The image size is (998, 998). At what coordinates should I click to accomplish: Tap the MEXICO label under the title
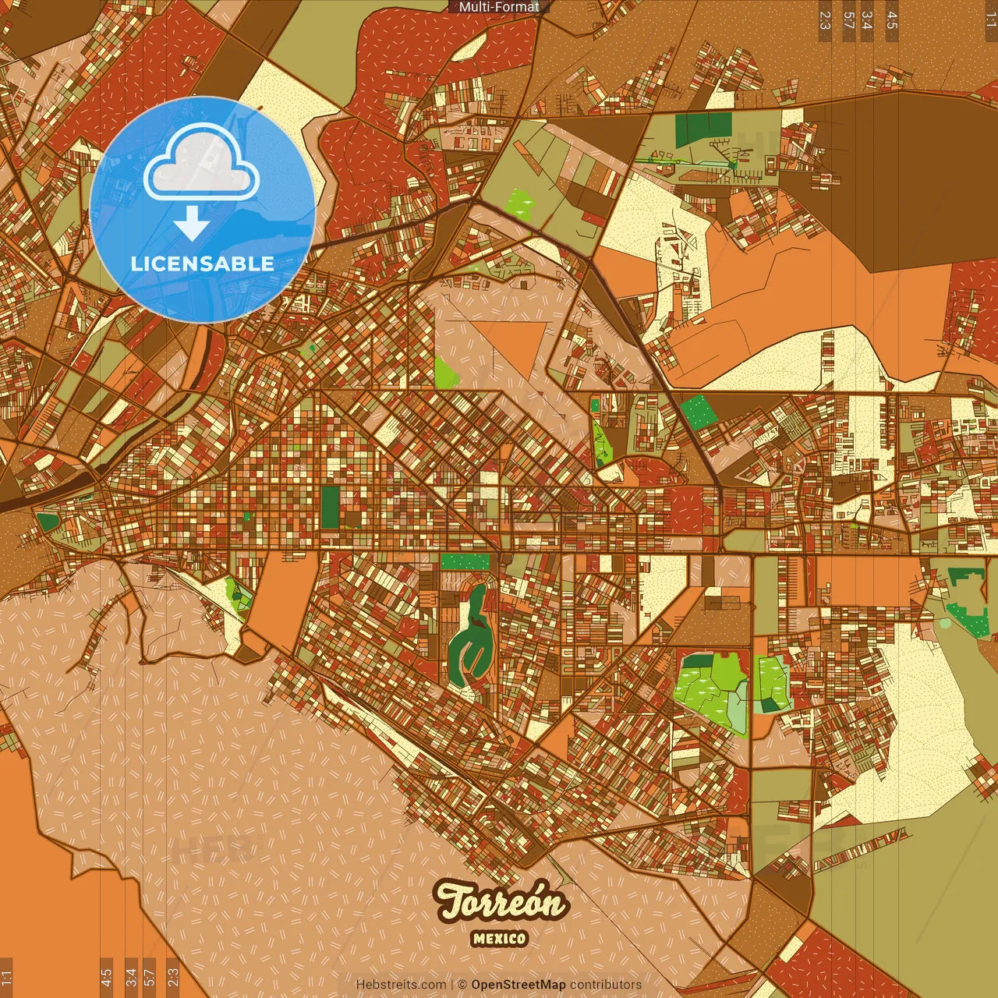click(499, 939)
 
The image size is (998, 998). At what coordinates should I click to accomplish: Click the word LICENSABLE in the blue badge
click(203, 264)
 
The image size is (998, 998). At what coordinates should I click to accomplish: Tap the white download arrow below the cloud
click(192, 225)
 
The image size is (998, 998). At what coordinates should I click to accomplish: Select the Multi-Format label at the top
click(499, 7)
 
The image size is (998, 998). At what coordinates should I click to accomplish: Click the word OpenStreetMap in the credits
click(518, 985)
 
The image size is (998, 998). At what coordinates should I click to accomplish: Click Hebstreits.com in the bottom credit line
click(402, 985)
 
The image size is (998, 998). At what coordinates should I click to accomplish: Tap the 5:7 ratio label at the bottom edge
click(150, 977)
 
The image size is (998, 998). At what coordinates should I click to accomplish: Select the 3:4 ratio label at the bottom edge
click(131, 977)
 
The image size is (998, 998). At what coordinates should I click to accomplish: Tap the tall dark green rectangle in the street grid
click(331, 506)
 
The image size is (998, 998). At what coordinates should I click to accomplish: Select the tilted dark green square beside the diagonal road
click(699, 410)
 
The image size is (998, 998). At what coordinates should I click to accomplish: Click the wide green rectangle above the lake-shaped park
click(465, 561)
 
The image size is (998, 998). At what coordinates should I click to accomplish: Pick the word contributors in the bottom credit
click(605, 985)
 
